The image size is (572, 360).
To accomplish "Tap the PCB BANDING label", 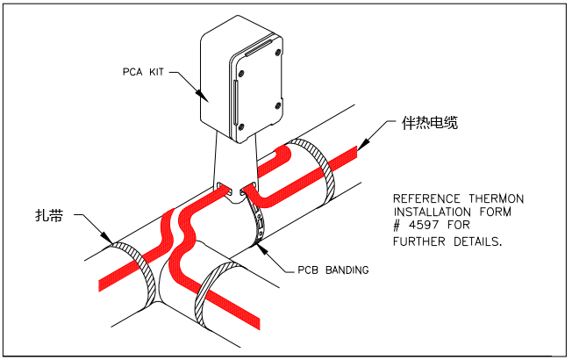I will click(329, 270).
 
